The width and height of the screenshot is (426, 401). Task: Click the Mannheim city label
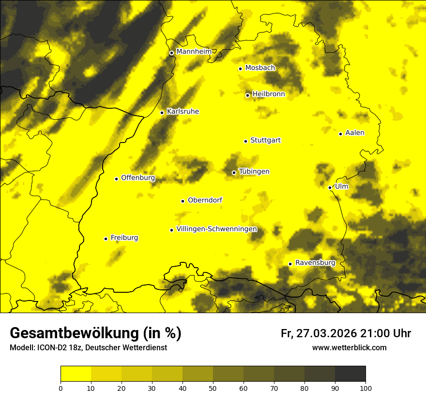(194, 51)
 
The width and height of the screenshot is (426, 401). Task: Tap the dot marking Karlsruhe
(162, 113)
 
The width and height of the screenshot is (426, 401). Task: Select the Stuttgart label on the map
(265, 140)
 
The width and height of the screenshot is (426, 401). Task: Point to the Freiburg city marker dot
(106, 239)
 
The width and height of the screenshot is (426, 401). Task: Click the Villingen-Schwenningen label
(216, 229)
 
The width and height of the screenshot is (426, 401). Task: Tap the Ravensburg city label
(315, 263)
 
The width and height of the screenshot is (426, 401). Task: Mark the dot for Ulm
(330, 187)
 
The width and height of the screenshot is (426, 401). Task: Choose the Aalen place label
(355, 133)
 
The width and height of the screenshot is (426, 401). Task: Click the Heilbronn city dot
(247, 95)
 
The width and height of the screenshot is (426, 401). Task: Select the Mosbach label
(260, 68)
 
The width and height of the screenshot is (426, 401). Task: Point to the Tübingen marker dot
(234, 172)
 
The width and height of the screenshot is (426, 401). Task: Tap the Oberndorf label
(205, 200)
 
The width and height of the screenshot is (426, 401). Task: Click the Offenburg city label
(138, 178)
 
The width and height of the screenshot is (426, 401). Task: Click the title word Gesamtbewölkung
(73, 333)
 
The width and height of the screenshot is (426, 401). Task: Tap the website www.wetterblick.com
(349, 347)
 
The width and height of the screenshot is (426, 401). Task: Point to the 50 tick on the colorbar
(213, 387)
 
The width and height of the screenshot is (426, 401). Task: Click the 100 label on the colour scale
(365, 387)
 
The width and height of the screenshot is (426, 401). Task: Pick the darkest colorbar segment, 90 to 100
(350, 373)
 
